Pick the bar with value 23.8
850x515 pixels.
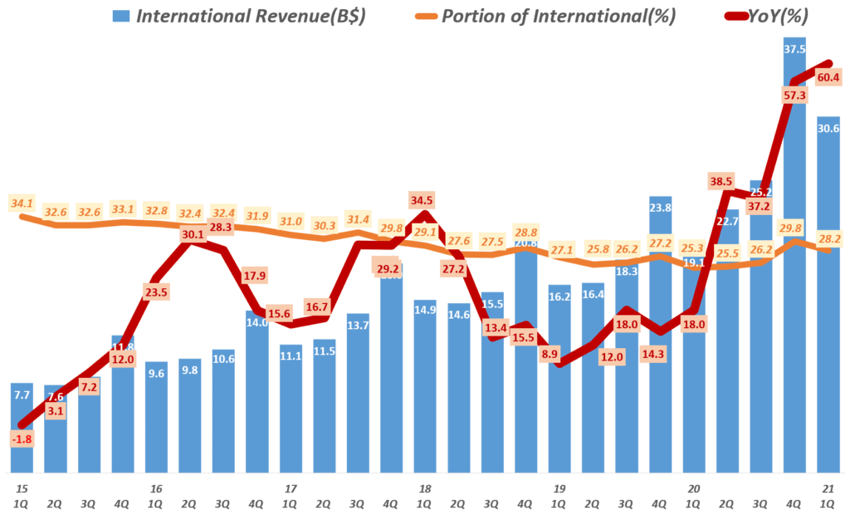coord(660,332)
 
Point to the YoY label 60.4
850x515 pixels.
coord(828,78)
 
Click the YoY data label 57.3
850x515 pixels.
coord(794,96)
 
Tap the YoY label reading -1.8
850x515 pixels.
coord(22,438)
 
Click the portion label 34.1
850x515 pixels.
coord(22,203)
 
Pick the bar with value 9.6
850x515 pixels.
coord(156,415)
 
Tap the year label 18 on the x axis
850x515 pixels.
coord(424,489)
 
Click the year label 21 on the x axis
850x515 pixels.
coord(828,489)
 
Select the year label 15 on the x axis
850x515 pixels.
coord(22,489)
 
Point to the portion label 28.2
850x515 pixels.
coord(828,238)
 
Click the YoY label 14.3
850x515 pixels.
coord(660,353)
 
